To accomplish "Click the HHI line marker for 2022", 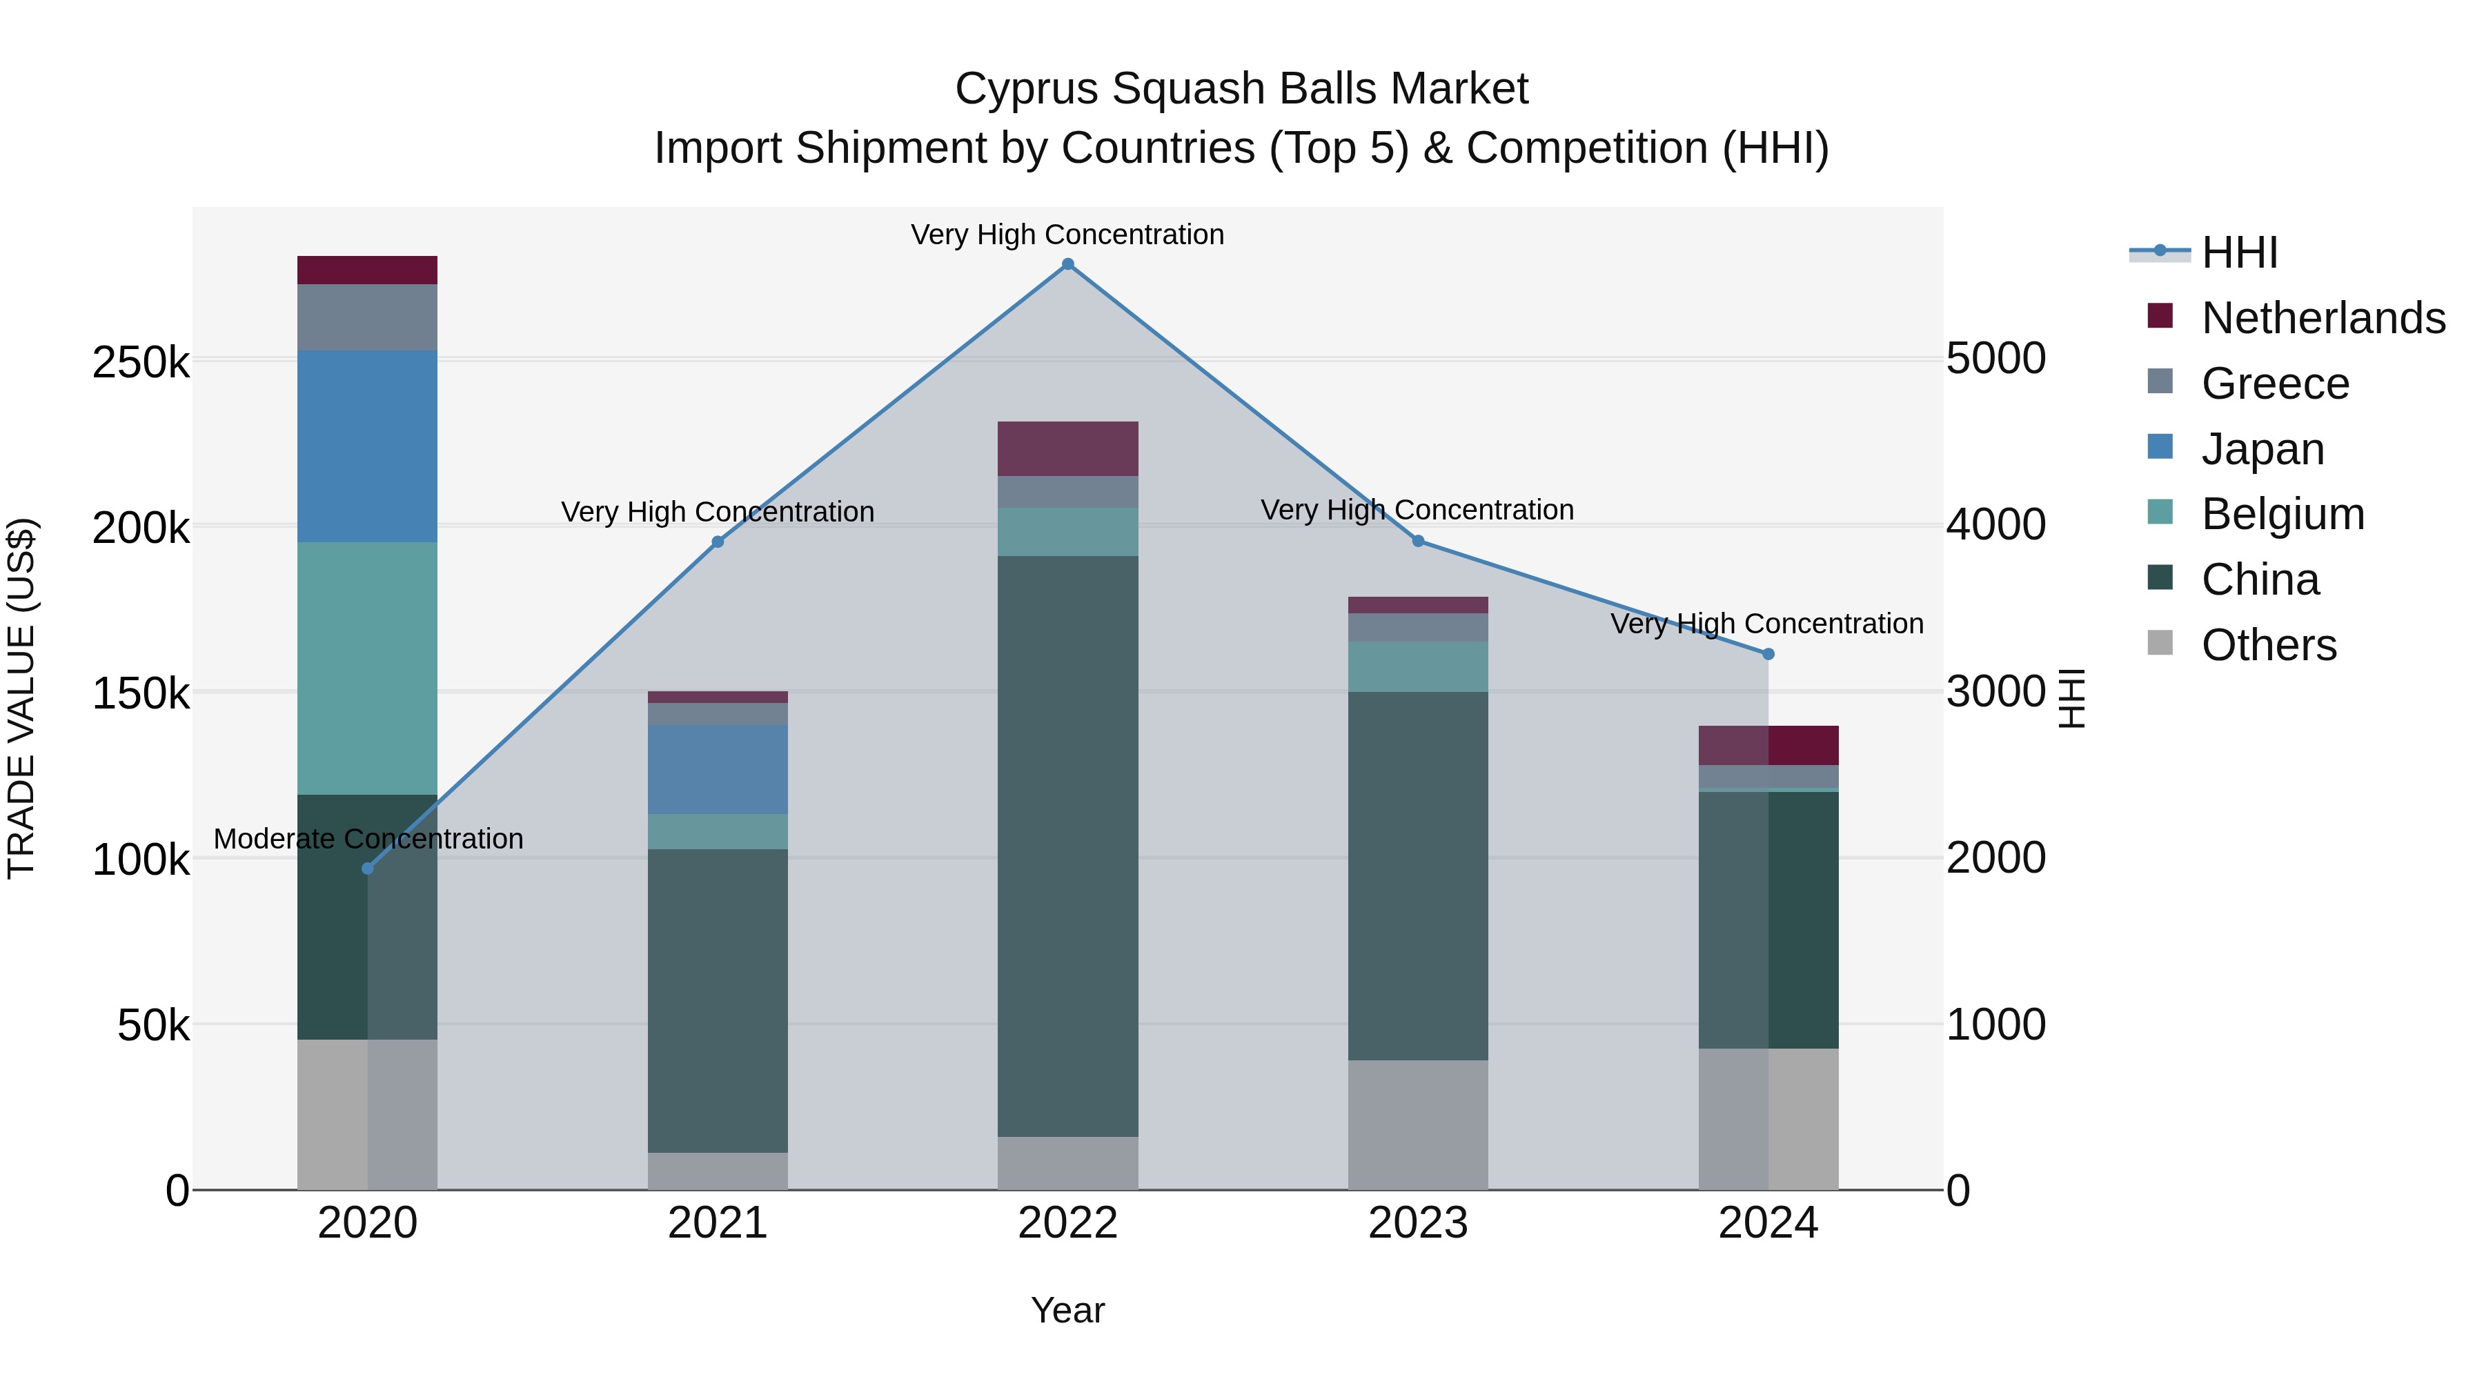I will pos(1067,264).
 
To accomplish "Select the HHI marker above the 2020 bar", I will pos(367,869).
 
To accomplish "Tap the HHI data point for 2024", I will pos(1768,654).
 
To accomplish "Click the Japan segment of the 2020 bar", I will pos(367,446).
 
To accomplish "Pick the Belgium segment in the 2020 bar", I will pos(367,668).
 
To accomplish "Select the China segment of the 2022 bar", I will pos(1067,846).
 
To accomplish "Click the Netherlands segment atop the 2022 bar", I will pos(1067,448).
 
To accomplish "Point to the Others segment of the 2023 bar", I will pos(1417,1124).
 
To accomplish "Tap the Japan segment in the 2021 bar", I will pos(718,769).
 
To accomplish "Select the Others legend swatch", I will pos(2160,643).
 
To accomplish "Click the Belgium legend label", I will pos(2283,514).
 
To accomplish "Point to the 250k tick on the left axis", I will pos(141,364).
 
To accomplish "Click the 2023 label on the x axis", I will pos(1417,1223).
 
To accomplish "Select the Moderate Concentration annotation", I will pos(368,839).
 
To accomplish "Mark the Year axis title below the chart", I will pos(1067,1310).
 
